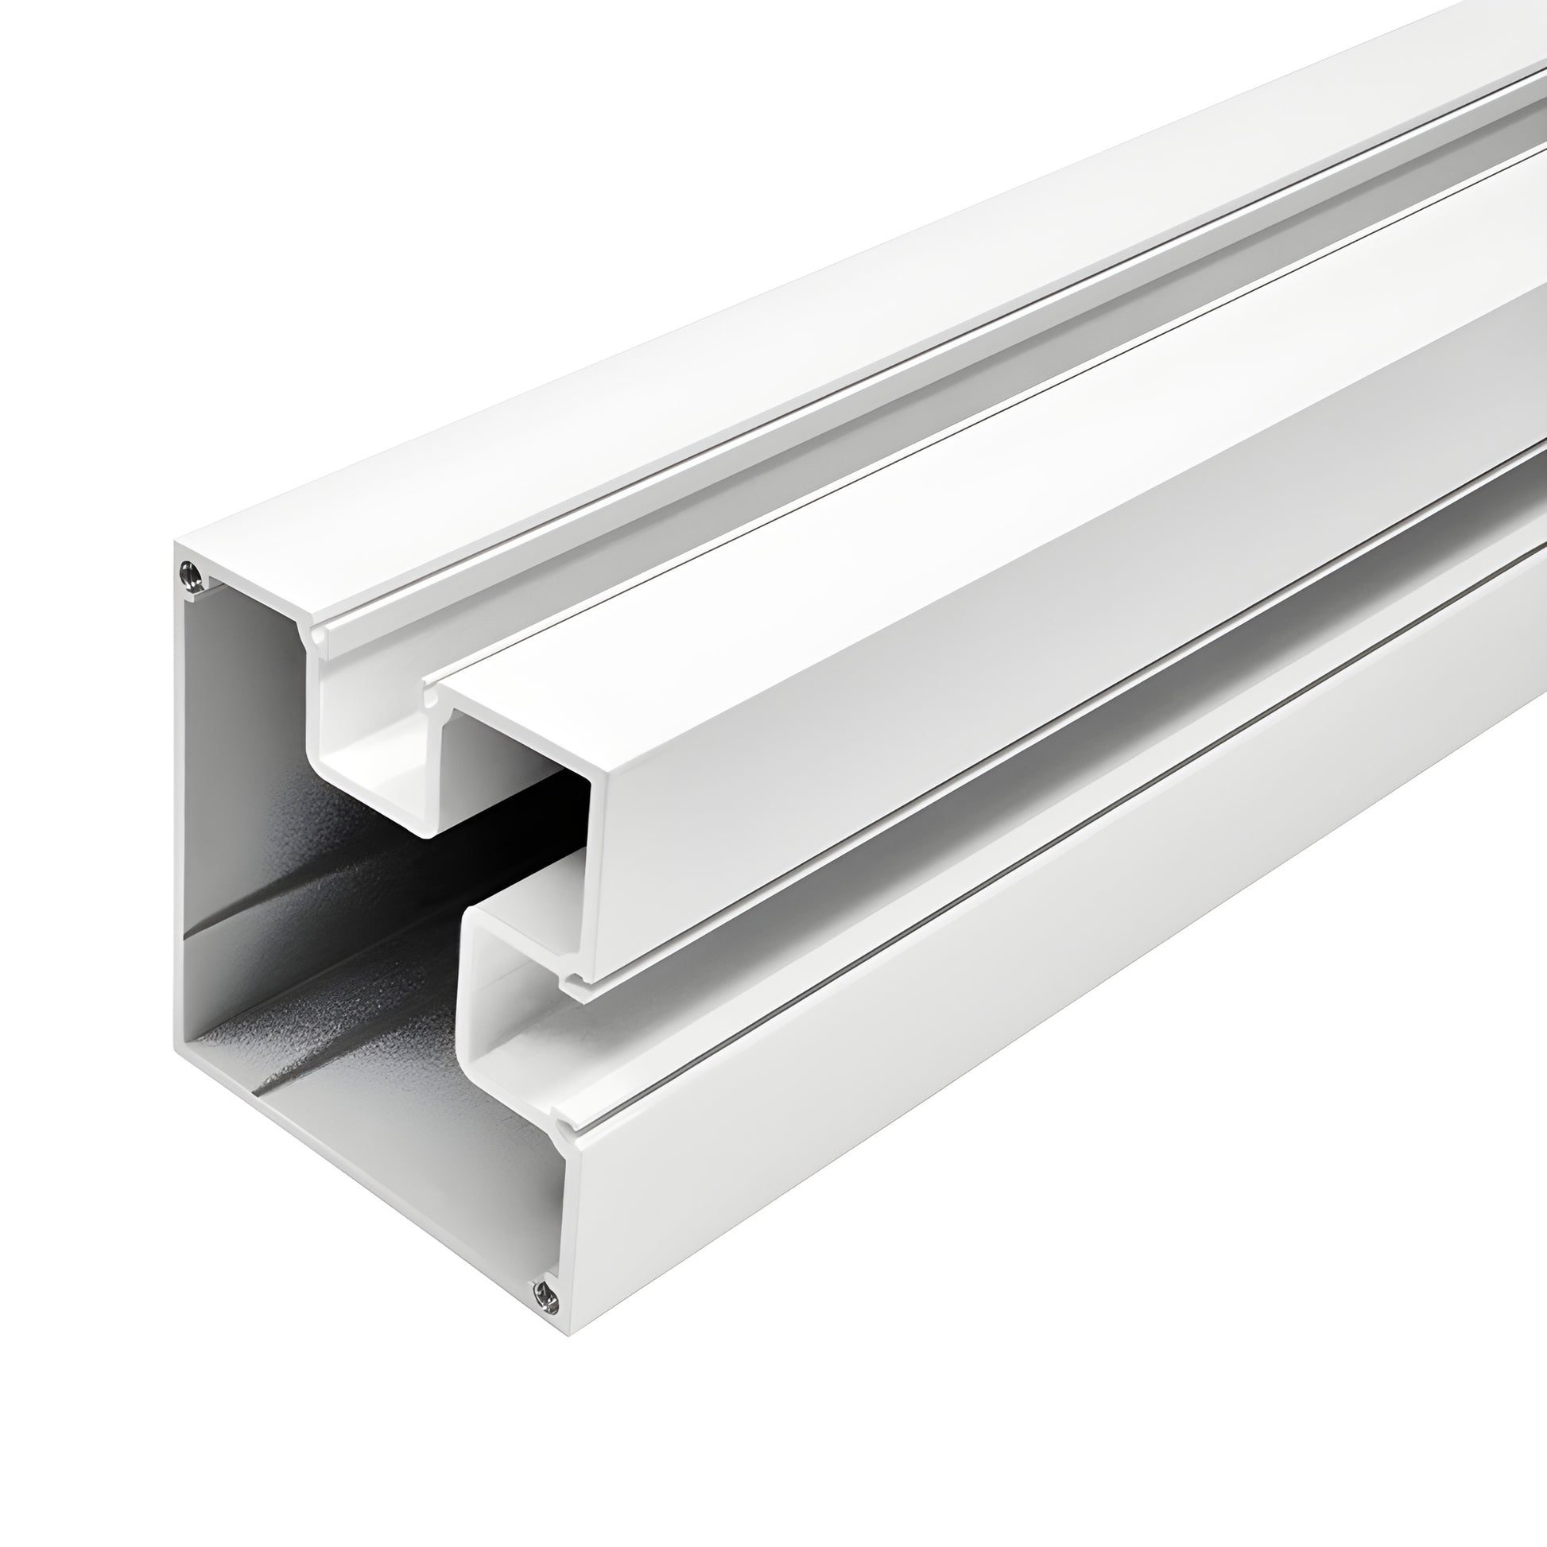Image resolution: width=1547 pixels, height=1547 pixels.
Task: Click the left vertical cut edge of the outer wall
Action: (x=180, y=801)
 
